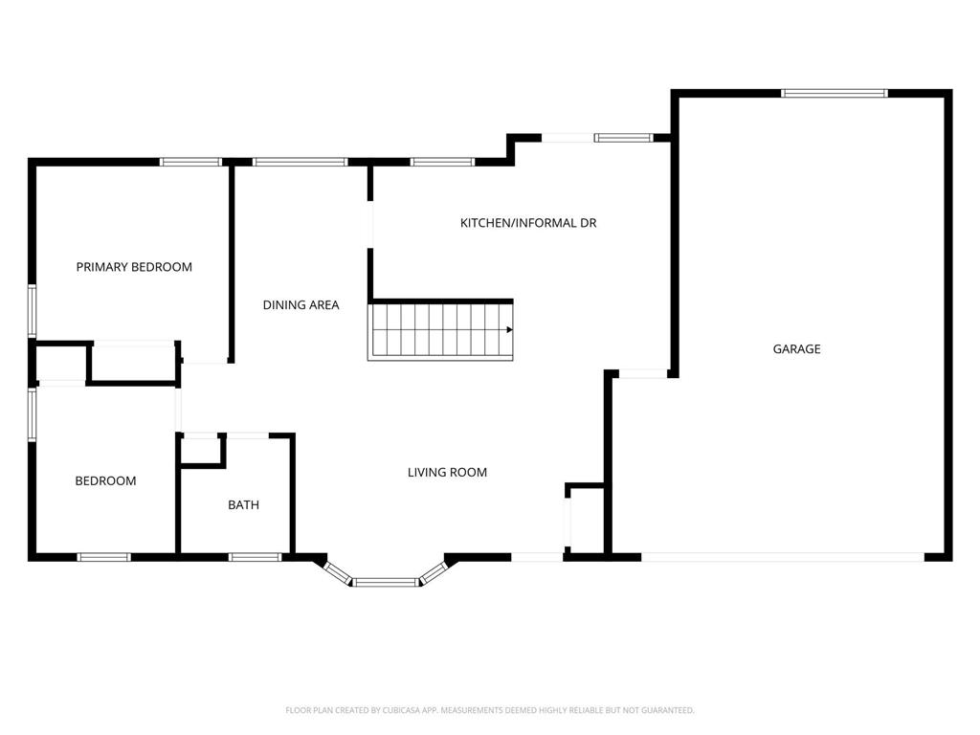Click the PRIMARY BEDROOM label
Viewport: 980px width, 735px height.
(134, 267)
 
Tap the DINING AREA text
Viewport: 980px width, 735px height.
(301, 305)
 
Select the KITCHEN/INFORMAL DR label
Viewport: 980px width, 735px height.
(528, 223)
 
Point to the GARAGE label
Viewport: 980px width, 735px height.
(796, 349)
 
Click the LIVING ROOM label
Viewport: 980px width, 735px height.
(447, 472)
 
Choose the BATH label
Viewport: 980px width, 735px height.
(243, 504)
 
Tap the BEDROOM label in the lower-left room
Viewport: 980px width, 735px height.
(105, 480)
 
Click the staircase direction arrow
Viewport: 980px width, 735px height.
(508, 329)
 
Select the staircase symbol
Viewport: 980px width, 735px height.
(440, 330)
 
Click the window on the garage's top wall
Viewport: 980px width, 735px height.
(835, 93)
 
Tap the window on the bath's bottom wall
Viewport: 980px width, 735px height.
(255, 557)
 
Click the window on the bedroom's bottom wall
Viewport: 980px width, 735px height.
(103, 557)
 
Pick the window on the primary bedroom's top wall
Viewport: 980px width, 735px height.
(190, 162)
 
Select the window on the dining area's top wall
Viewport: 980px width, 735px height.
(300, 162)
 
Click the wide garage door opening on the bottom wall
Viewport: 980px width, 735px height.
(782, 557)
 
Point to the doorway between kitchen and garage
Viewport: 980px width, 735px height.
(641, 373)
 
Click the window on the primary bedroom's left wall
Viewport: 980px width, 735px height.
(32, 311)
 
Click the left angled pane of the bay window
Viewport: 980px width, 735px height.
(338, 571)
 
